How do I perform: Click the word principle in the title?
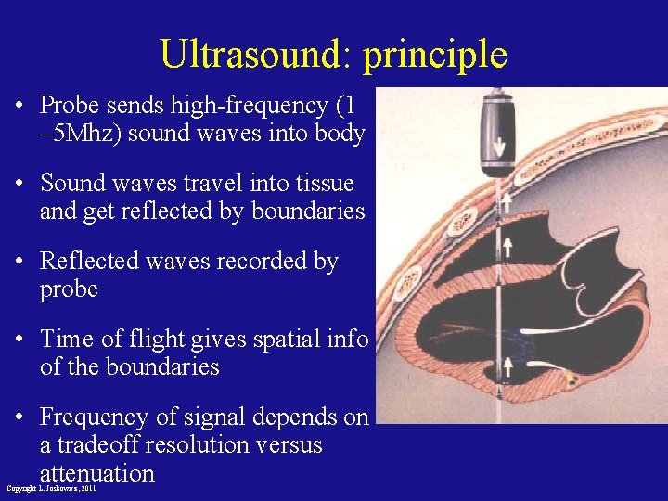pos(435,56)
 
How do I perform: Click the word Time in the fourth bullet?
pos(69,340)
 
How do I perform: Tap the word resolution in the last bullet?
pos(212,445)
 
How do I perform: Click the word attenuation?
pos(96,473)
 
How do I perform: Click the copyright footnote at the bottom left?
pos(51,488)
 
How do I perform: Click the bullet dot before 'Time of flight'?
pos(19,340)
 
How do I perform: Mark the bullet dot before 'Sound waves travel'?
pos(19,184)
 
